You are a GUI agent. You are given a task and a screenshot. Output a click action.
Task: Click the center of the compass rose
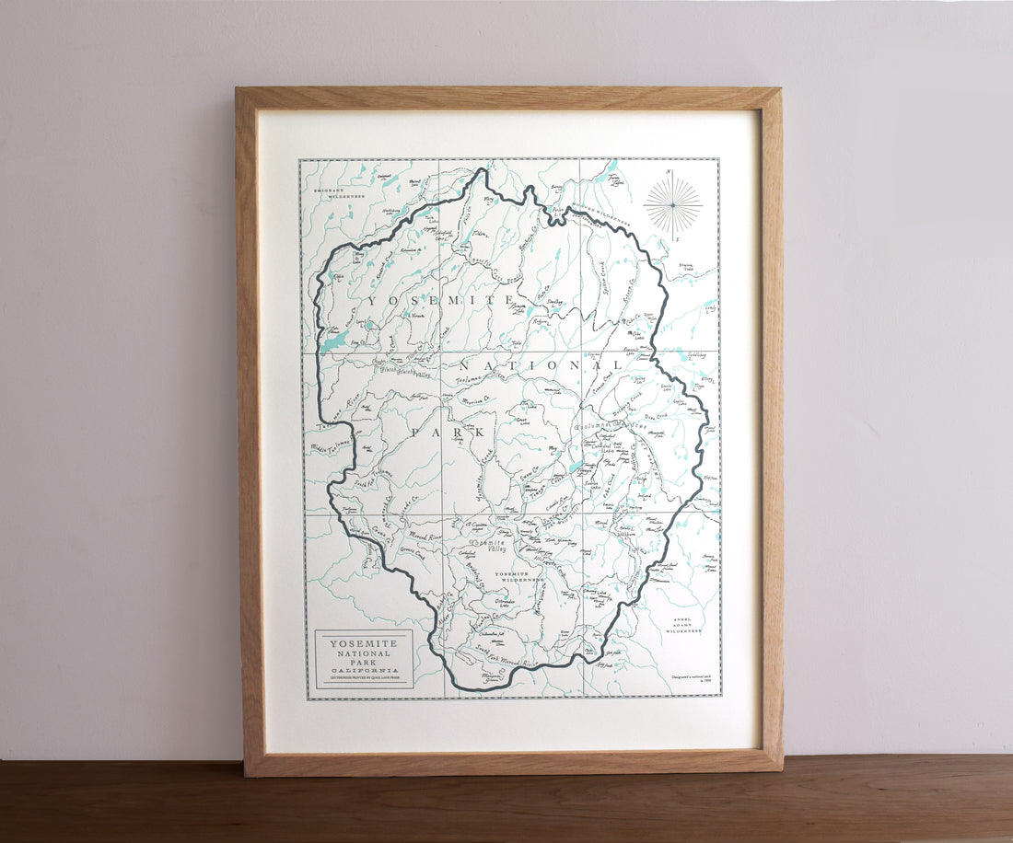(673, 205)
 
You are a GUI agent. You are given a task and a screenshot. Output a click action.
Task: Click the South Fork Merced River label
(506, 657)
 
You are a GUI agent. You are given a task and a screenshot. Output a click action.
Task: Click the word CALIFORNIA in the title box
(364, 672)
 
